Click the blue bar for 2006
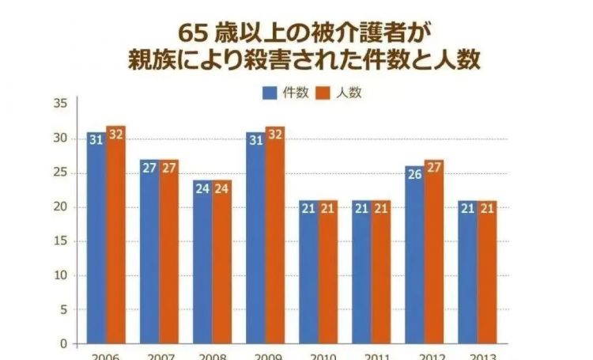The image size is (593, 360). pyautogui.click(x=96, y=237)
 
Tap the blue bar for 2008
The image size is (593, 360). pyautogui.click(x=202, y=262)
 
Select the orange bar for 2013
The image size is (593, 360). pyautogui.click(x=487, y=272)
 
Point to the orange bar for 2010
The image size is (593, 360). pyautogui.click(x=328, y=272)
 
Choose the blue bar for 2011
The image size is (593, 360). pyautogui.click(x=361, y=272)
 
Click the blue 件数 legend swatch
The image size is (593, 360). pyautogui.click(x=269, y=93)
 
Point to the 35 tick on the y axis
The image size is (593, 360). pyautogui.click(x=60, y=104)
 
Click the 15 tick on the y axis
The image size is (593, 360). pyautogui.click(x=60, y=241)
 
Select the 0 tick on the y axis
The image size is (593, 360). pyautogui.click(x=64, y=344)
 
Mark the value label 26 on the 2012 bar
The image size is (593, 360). pyautogui.click(x=414, y=173)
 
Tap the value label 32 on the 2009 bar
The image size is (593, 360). pyautogui.click(x=275, y=134)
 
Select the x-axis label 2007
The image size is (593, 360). pyautogui.click(x=158, y=356)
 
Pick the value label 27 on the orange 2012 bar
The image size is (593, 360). pyautogui.click(x=434, y=168)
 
